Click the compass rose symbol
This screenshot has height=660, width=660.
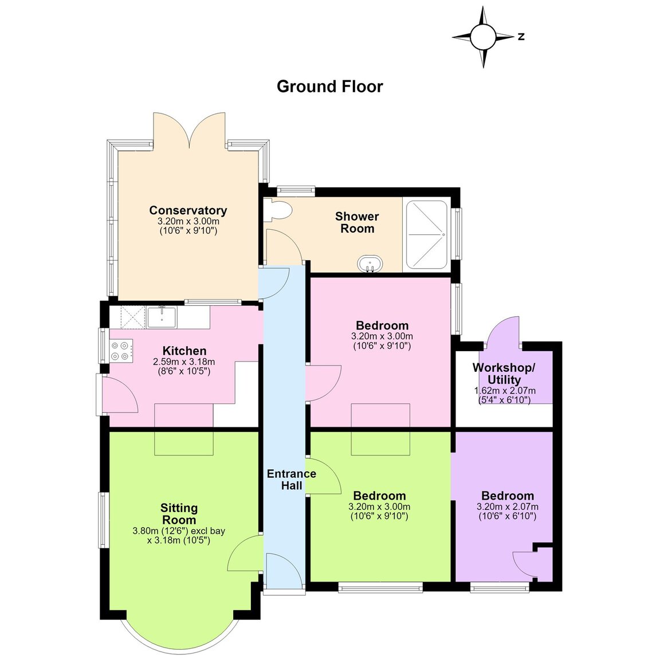tap(483, 37)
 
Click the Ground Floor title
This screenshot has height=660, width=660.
tap(330, 87)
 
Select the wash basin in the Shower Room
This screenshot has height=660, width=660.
tap(370, 264)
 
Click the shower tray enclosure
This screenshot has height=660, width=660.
tap(426, 234)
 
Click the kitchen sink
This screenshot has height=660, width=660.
tap(162, 317)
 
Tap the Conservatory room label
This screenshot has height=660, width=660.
tap(188, 210)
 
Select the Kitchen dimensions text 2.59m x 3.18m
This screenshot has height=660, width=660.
tap(184, 362)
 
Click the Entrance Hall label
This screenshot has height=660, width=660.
tap(291, 480)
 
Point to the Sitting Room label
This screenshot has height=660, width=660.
tap(179, 513)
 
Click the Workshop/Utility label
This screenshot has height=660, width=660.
tap(504, 374)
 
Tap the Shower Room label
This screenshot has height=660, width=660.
tap(357, 222)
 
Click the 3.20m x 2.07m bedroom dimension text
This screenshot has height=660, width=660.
tap(508, 507)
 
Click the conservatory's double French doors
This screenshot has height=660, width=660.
tap(190, 130)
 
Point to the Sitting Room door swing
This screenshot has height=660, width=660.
tap(245, 553)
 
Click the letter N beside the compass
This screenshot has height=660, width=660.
tap(521, 37)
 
